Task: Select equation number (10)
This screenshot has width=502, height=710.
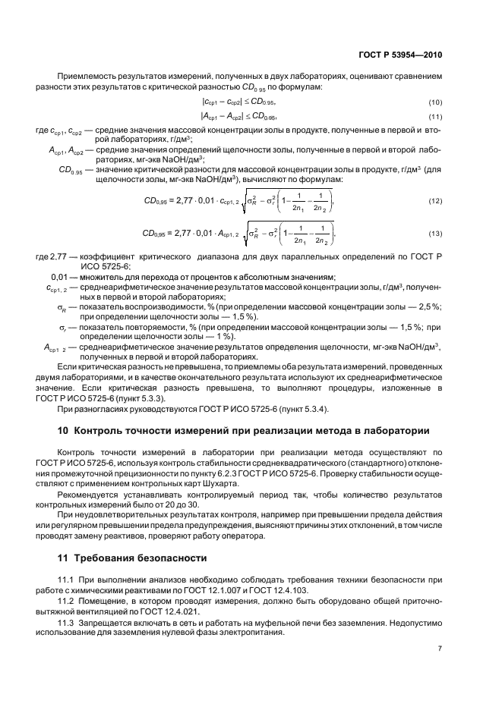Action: coord(435,102)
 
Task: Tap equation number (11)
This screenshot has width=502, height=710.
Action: coord(435,116)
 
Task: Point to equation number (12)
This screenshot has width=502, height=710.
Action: coord(435,200)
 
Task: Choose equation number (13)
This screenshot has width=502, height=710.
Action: coord(435,233)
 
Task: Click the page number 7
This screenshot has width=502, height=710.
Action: coord(440,649)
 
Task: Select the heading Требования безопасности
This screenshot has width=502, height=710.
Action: coord(139,558)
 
